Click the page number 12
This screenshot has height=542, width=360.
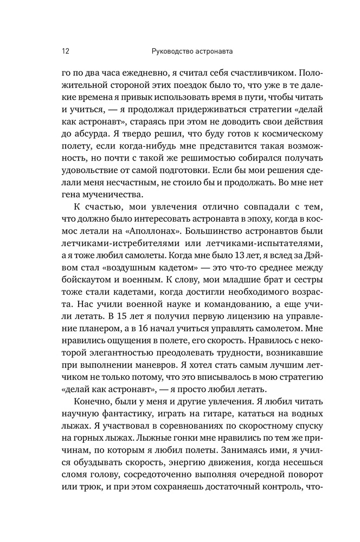pyautogui.click(x=65, y=52)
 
